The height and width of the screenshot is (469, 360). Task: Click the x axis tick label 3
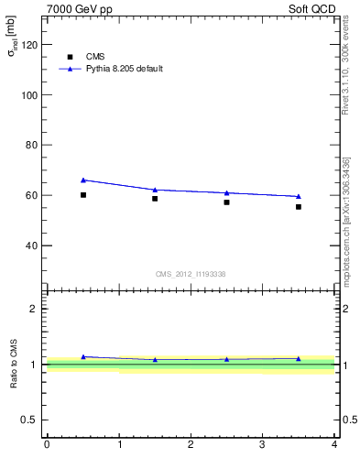coord(263,445)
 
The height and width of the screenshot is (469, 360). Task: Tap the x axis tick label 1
coord(119,445)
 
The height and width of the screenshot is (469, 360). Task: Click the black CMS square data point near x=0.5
coord(83,195)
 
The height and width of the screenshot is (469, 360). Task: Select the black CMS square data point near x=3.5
coord(299,207)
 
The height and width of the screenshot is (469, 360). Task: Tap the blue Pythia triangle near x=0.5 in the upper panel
coord(83,180)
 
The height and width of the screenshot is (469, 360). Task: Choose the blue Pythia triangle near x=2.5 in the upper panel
coord(227,192)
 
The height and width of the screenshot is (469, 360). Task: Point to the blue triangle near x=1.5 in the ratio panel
coord(155,360)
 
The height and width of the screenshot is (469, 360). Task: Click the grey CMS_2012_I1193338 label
coord(191,274)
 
